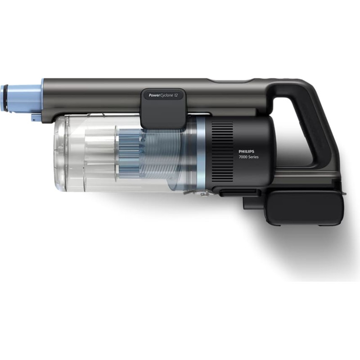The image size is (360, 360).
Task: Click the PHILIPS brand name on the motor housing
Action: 246,152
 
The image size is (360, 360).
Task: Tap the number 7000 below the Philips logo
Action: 243,157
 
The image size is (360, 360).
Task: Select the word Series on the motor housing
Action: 253,157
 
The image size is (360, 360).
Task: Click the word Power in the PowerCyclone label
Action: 154,95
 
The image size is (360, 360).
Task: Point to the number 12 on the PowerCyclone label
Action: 175,95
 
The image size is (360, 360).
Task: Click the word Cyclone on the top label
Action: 166,95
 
